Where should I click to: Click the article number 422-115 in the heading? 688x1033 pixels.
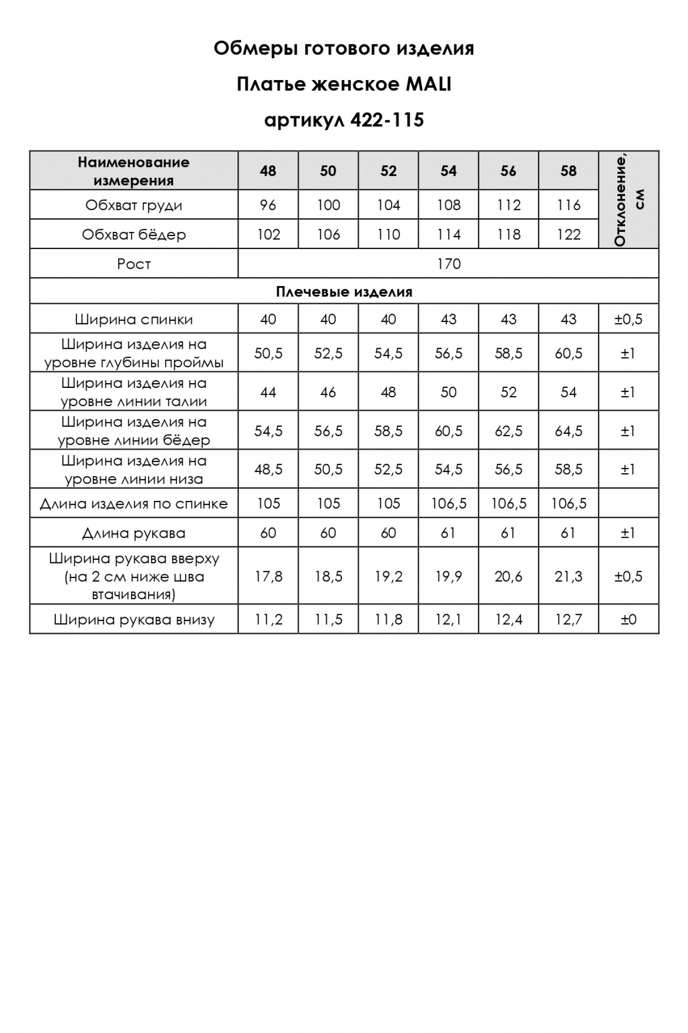(387, 120)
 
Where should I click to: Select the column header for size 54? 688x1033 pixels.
(449, 171)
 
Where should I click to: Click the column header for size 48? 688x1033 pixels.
(268, 171)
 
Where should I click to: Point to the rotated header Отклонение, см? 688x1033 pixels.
(629, 199)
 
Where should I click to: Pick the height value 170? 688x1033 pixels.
(449, 264)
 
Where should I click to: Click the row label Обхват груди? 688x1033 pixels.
(134, 205)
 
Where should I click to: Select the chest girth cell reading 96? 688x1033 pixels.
(268, 205)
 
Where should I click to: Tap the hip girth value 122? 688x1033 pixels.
(568, 234)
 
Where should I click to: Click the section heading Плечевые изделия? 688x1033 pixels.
(344, 292)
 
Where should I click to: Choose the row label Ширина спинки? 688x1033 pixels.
(134, 319)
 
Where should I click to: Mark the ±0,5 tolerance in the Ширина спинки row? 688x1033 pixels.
(628, 319)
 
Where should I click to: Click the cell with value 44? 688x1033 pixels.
(268, 392)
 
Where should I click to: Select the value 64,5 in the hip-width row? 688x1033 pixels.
(568, 431)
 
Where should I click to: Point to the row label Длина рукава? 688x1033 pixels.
(134, 533)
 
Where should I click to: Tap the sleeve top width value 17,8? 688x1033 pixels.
(268, 576)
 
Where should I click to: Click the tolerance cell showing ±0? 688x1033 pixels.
(628, 619)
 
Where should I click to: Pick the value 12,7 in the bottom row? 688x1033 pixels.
(568, 619)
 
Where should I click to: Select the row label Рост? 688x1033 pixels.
(134, 264)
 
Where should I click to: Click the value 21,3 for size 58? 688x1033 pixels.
(568, 576)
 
